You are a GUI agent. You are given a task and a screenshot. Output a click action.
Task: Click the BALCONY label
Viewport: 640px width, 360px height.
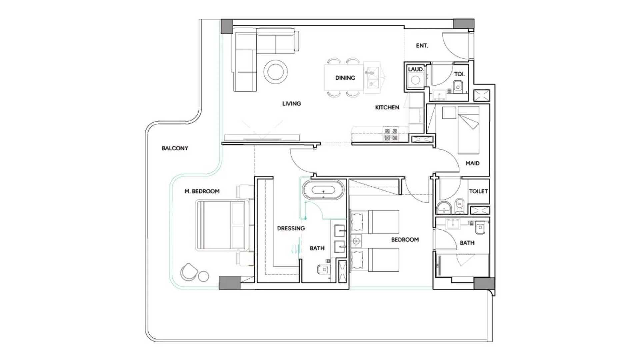click(x=175, y=148)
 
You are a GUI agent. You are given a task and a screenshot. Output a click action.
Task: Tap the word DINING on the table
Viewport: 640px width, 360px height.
click(x=345, y=78)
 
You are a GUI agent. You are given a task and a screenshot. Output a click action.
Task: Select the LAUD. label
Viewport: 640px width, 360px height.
click(x=416, y=69)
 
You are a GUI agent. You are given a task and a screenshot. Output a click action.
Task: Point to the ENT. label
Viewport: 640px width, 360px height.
click(x=422, y=46)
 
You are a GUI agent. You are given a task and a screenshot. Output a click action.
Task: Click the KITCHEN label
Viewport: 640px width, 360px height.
click(x=387, y=107)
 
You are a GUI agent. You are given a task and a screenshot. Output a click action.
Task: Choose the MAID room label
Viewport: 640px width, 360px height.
click(x=472, y=163)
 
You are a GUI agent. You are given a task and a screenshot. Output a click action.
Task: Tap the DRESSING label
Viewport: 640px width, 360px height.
click(x=291, y=228)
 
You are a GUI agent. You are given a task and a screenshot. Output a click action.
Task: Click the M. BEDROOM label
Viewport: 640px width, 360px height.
click(x=202, y=191)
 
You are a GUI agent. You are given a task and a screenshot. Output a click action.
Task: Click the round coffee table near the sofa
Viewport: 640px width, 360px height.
click(x=275, y=72)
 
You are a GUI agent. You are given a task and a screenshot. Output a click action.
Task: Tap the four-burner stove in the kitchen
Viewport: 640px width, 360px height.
click(x=391, y=134)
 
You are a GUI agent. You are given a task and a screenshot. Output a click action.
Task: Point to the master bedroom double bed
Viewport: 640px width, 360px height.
click(x=222, y=225)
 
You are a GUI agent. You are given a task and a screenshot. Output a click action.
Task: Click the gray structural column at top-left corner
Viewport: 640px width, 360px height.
click(x=227, y=26)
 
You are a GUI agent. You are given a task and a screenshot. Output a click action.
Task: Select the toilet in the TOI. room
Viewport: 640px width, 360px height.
click(x=458, y=85)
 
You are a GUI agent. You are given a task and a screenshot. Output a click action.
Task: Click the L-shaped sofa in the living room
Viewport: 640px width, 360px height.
click(x=247, y=57)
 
